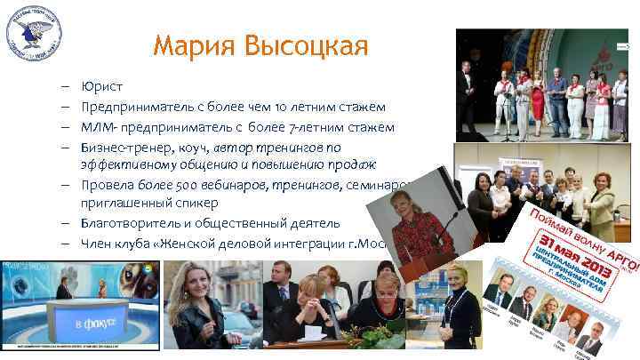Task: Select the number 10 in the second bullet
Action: point(266,107)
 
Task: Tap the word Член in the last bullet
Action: point(95,243)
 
